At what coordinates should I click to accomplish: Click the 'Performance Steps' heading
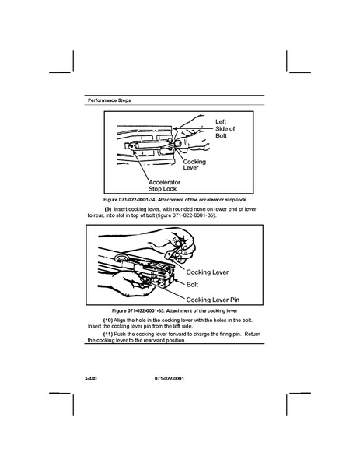[110, 100]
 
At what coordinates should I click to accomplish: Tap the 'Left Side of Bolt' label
[225, 128]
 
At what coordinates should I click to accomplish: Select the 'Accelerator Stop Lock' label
[164, 185]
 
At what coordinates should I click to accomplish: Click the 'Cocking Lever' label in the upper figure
[194, 165]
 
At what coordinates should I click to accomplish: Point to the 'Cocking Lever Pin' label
[213, 300]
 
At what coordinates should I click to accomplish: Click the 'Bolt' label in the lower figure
[192, 285]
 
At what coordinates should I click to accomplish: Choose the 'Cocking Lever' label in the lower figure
[208, 272]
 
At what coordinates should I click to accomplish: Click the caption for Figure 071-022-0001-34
[175, 200]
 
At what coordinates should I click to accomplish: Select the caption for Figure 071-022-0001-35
[175, 311]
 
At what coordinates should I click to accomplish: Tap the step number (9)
[108, 209]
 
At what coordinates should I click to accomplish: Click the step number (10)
[108, 321]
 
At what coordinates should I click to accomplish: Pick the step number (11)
[108, 334]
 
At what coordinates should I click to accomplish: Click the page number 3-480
[91, 379]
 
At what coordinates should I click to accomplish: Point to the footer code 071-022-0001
[170, 379]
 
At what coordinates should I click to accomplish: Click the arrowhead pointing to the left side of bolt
[175, 128]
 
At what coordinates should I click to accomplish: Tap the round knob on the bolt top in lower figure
[121, 258]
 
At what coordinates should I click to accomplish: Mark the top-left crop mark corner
[73, 72]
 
